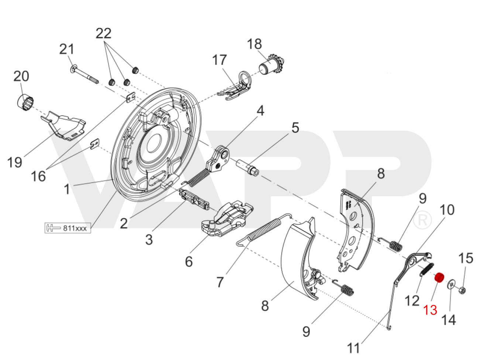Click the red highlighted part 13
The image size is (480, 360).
(439, 278)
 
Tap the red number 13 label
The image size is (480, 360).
(431, 310)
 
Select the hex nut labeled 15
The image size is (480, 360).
(462, 291)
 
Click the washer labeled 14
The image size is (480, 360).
(450, 285)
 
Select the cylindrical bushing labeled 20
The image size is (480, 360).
(25, 102)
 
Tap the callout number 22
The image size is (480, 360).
(103, 33)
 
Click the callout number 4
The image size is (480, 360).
(261, 110)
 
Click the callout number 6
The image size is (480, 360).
(189, 262)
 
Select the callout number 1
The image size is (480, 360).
(67, 189)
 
